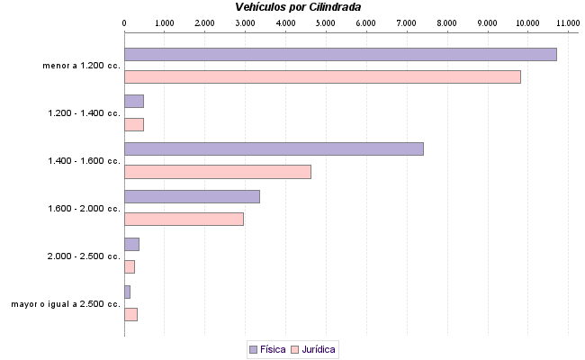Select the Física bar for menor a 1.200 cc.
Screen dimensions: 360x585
(x=340, y=54)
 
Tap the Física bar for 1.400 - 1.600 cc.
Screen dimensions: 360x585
(x=274, y=149)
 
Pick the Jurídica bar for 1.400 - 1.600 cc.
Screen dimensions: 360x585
(x=217, y=172)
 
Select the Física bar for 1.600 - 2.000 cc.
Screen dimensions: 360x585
(x=192, y=196)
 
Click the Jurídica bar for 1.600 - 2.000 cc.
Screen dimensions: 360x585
(x=184, y=219)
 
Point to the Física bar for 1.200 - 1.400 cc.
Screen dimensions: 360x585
(x=134, y=101)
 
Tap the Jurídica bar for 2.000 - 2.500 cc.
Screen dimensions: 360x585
(x=130, y=266)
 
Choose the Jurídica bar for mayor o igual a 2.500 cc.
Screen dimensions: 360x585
(x=130, y=314)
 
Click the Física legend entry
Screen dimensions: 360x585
(x=267, y=348)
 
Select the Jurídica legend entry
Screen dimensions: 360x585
(x=314, y=348)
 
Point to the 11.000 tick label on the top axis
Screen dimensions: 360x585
(x=567, y=22)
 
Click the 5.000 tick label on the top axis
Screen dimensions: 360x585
(x=326, y=22)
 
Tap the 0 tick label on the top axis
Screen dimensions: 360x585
(x=124, y=22)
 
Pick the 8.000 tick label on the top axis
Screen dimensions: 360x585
(x=446, y=22)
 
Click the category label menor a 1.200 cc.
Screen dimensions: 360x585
(x=81, y=66)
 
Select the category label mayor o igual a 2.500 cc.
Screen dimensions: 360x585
(x=66, y=304)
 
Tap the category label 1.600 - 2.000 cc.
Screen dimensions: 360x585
(x=84, y=209)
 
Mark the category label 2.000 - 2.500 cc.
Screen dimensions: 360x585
(x=84, y=256)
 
